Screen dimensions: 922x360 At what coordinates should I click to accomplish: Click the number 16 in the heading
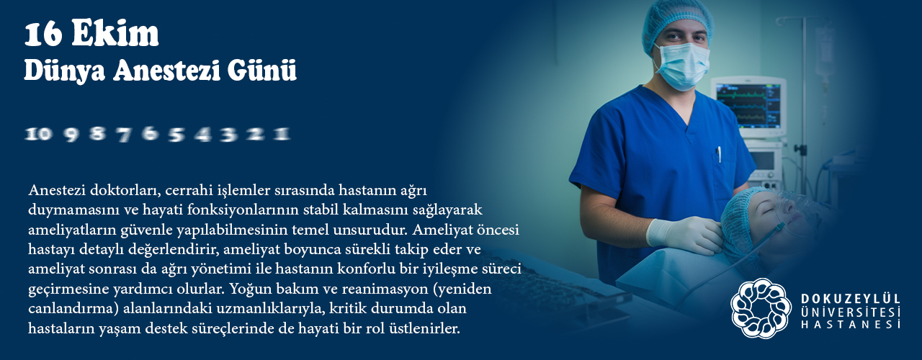(44, 34)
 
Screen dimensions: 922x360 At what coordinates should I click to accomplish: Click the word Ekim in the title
(115, 34)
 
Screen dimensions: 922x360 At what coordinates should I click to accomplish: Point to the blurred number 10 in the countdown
(38, 134)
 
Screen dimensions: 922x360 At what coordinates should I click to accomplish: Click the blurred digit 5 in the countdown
(176, 134)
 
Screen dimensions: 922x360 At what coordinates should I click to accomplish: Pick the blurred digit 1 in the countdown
(282, 134)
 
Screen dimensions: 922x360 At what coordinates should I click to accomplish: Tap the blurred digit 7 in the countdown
(123, 134)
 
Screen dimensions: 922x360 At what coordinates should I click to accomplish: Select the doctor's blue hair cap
(677, 22)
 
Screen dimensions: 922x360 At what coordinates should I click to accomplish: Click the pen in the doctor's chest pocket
(719, 154)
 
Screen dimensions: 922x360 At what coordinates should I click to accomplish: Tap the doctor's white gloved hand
(684, 235)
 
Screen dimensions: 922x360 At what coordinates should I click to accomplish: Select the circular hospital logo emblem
(761, 308)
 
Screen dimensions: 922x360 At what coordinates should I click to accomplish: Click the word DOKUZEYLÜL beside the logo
(851, 299)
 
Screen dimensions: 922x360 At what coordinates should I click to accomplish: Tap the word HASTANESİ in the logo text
(851, 324)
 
